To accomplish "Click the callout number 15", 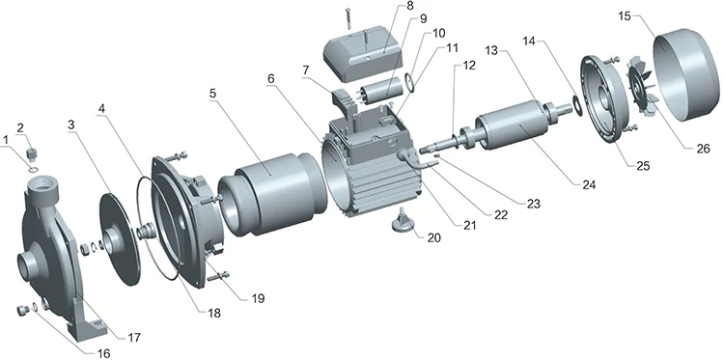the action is click(625, 16).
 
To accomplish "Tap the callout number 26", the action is click(703, 149).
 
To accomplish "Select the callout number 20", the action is click(434, 237).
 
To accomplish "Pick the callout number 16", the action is click(104, 353).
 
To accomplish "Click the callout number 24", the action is click(588, 184).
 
